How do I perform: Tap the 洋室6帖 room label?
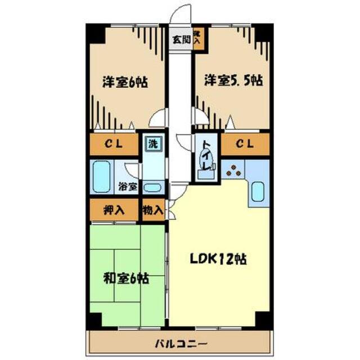point(125,82)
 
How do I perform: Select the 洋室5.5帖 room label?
point(232,81)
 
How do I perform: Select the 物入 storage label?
point(153,211)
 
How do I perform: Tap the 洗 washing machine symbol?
point(152,143)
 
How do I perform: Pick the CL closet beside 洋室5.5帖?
point(244,144)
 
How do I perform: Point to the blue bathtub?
point(101,177)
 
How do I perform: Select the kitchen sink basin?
point(257,191)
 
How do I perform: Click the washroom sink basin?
point(152,187)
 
